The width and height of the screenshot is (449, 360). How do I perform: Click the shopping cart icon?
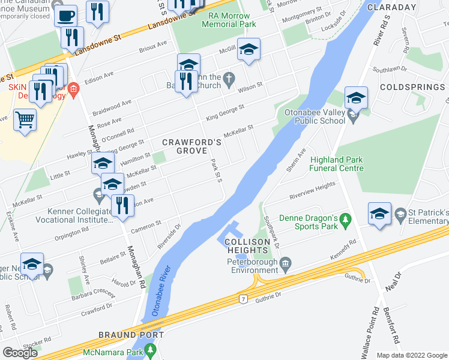coord(25,119)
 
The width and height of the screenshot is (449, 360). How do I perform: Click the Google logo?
coord(20,353)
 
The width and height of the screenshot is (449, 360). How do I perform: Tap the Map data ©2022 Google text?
coord(412,355)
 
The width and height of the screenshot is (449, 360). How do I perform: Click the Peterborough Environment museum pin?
coord(286,262)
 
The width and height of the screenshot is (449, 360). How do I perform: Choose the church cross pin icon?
coord(229,77)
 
